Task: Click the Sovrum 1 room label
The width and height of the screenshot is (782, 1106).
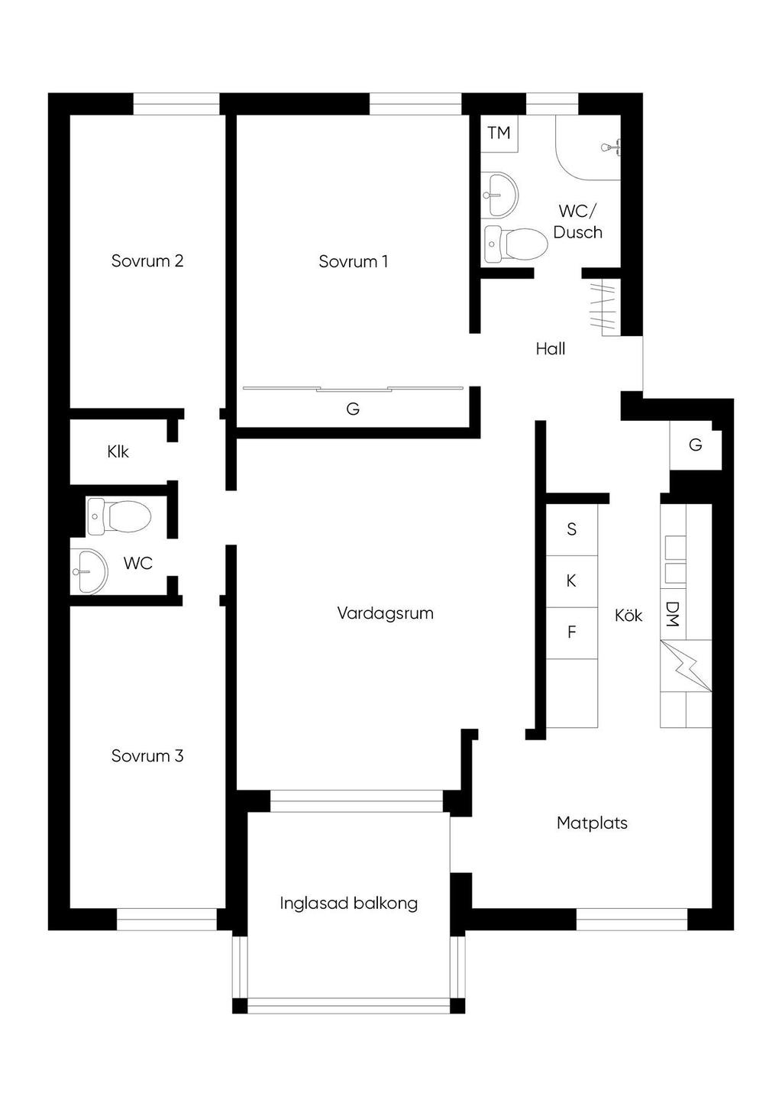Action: pos(353,261)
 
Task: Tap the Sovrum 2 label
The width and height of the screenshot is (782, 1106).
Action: pos(147,260)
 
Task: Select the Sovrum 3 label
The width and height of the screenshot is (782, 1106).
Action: pos(147,755)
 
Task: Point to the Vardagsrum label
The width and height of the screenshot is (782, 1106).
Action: pos(385,613)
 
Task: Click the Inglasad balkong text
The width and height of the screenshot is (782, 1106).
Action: pos(348,903)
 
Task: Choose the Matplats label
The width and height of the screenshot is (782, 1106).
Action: pos(592,823)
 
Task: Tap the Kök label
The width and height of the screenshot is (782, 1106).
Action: pos(629,615)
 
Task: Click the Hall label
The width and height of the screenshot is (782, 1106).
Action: pos(550,349)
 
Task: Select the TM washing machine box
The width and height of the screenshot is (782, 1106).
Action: pos(499,133)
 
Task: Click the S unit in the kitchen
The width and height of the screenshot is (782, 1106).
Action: pos(571,529)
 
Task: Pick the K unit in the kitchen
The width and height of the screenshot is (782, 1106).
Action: pos(571,580)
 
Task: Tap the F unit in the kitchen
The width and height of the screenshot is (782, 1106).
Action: pos(571,632)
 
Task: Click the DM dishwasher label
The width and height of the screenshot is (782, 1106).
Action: pos(672,614)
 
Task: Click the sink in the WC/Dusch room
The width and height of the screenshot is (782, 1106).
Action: pos(499,194)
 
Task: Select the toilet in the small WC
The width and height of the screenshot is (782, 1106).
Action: pos(118,516)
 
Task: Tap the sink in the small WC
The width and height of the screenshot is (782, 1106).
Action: pos(88,570)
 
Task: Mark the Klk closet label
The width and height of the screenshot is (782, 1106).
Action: pos(118,451)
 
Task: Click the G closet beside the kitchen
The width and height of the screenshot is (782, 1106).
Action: pos(695,445)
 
